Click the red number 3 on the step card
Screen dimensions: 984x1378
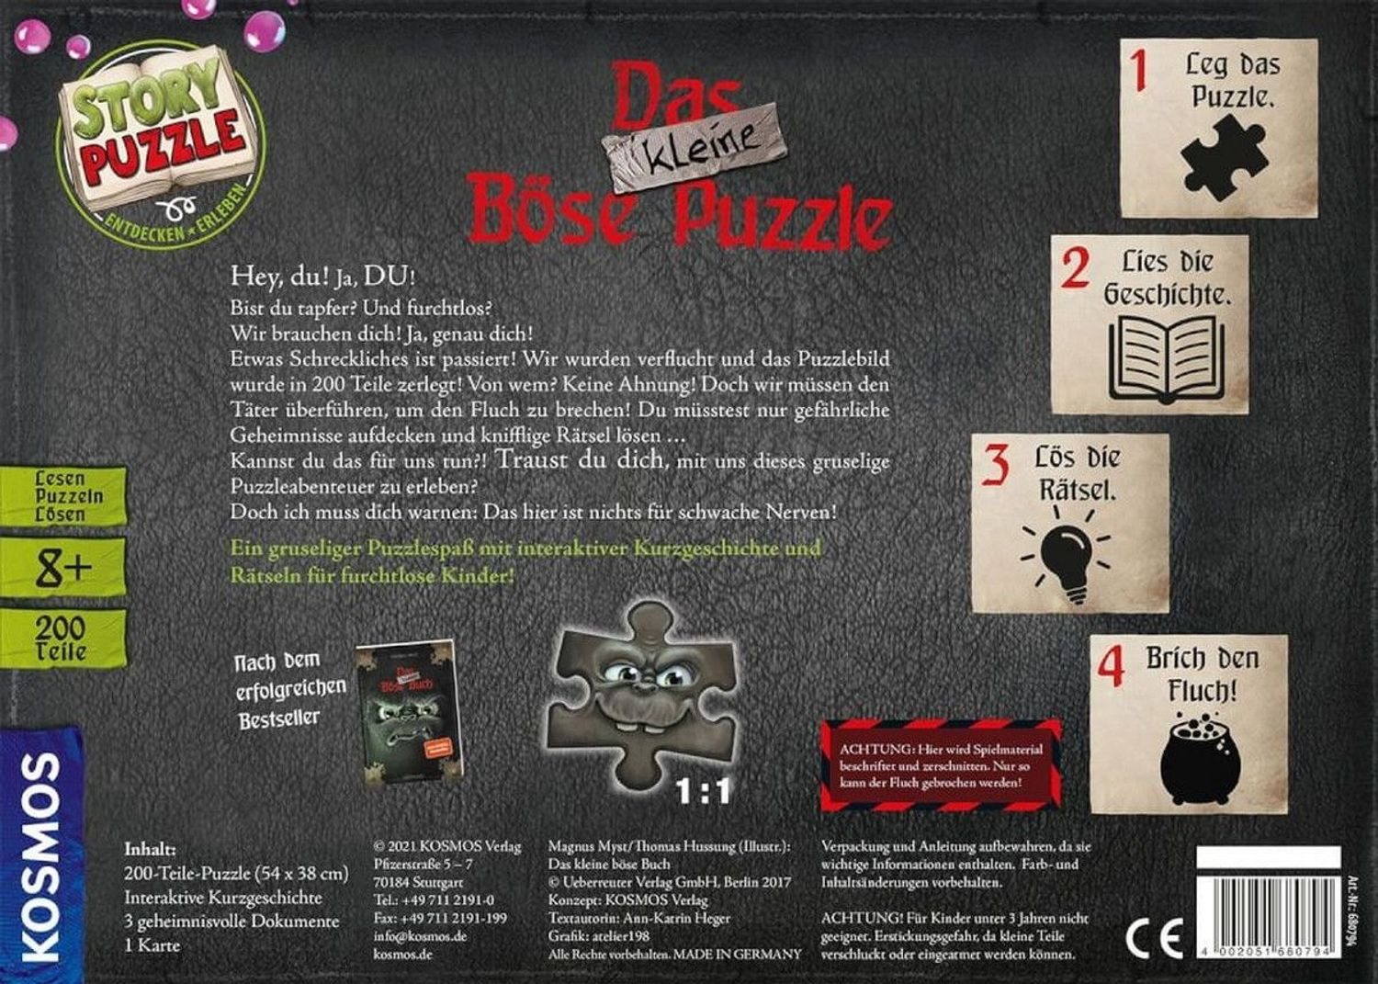click(996, 464)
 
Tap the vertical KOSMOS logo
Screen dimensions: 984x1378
click(40, 856)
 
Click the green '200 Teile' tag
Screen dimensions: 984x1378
click(62, 639)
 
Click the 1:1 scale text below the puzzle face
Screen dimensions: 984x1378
click(703, 790)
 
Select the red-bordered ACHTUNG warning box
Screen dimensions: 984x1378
click(940, 765)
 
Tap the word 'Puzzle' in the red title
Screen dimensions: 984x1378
click(781, 216)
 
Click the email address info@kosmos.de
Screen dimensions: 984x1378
click(420, 936)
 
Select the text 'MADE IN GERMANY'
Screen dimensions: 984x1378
click(738, 955)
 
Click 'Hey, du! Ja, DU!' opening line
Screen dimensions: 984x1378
click(328, 276)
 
